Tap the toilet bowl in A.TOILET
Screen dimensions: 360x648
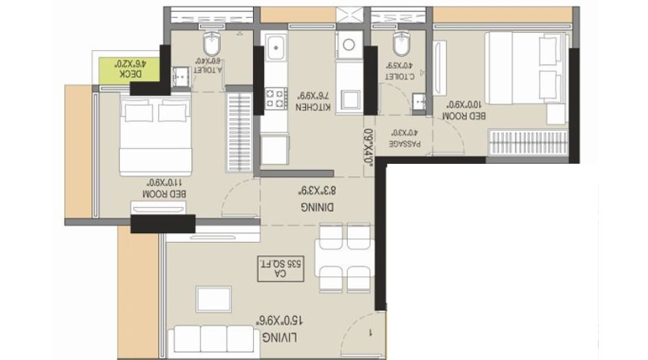point(210,46)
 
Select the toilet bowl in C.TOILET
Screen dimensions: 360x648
point(400,46)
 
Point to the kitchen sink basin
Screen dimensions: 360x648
point(278,47)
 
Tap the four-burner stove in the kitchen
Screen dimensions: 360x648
point(276,97)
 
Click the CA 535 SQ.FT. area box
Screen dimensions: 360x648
point(282,267)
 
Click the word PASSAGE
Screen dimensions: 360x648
point(405,145)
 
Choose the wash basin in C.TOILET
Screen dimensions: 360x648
point(420,104)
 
